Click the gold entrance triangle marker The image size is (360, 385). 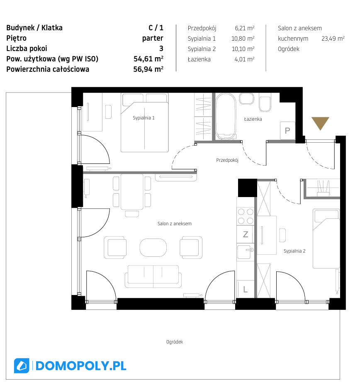tap(320, 122)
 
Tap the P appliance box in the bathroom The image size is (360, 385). tap(287, 131)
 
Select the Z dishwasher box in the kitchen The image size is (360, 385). tap(246, 234)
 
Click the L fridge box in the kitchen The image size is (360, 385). tap(246, 289)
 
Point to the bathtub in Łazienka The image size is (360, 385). tap(226, 117)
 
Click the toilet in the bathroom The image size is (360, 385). tap(265, 102)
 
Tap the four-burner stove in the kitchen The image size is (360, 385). tap(246, 216)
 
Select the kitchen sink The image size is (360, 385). tap(245, 252)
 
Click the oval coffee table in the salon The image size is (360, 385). tap(153, 248)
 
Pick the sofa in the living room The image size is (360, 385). tap(153, 276)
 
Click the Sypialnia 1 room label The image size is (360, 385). tap(144, 118)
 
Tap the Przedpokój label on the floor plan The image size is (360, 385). tap(227, 160)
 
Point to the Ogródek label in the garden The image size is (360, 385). tap(175, 342)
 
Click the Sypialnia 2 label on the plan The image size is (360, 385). tap(294, 251)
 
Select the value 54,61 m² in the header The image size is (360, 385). tap(148, 58)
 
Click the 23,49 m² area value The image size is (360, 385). tap(333, 39)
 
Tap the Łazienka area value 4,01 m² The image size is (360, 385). tap(244, 59)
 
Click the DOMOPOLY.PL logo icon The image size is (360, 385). tap(22, 366)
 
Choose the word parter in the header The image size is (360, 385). tap(153, 38)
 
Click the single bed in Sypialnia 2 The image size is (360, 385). tap(326, 239)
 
